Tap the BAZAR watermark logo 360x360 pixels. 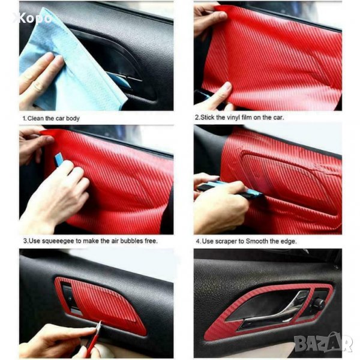point(323,343)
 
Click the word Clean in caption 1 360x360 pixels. point(35,118)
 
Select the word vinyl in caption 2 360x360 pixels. point(233,118)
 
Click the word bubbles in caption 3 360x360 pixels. point(131,241)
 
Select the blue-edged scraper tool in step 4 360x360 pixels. point(230,189)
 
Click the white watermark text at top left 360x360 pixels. point(32,19)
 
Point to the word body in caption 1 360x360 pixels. point(73,118)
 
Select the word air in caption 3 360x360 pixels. point(115,241)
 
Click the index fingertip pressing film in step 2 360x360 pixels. point(226,86)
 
